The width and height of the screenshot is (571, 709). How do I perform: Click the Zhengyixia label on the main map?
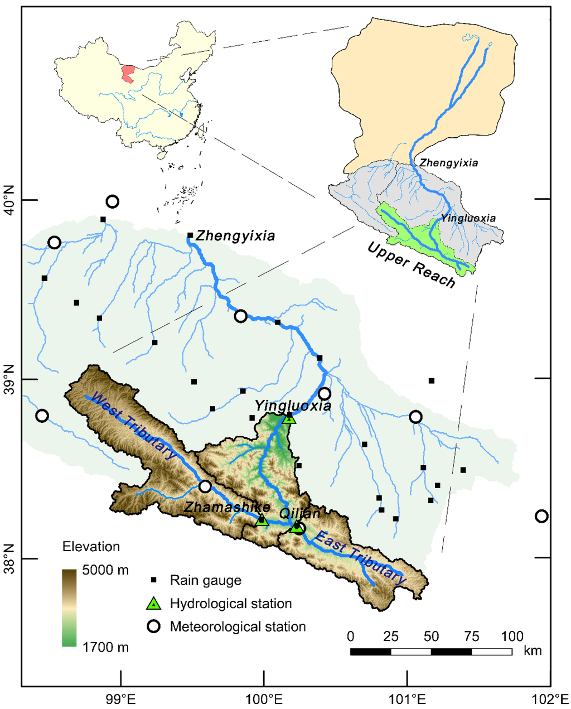[235, 236]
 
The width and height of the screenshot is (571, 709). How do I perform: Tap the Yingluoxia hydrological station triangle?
[289, 418]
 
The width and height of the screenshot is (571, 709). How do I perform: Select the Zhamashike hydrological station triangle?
[262, 520]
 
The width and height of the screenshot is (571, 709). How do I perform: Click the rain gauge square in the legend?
[153, 580]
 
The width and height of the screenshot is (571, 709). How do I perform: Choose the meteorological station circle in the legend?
[153, 626]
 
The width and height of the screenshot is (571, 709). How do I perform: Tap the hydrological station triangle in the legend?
[153, 604]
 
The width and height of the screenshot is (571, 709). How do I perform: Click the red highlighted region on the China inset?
[129, 74]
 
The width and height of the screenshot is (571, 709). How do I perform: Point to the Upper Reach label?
[412, 264]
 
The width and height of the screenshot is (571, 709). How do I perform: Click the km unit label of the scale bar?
[533, 651]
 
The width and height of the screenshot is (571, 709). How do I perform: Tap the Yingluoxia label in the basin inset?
[468, 218]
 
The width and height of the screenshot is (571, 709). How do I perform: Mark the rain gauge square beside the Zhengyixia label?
[190, 235]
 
